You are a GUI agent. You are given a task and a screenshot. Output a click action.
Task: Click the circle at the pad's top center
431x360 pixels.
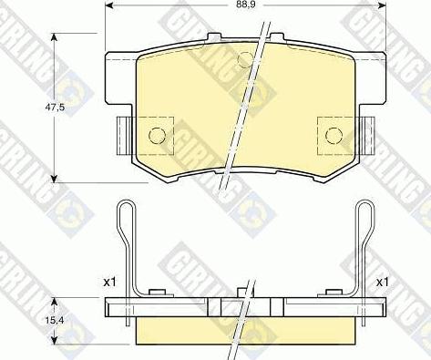[x=243, y=60]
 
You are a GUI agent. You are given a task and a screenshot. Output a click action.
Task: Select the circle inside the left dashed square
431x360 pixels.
[x=156, y=136]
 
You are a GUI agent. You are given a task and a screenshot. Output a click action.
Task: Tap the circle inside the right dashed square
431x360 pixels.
[x=333, y=136]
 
